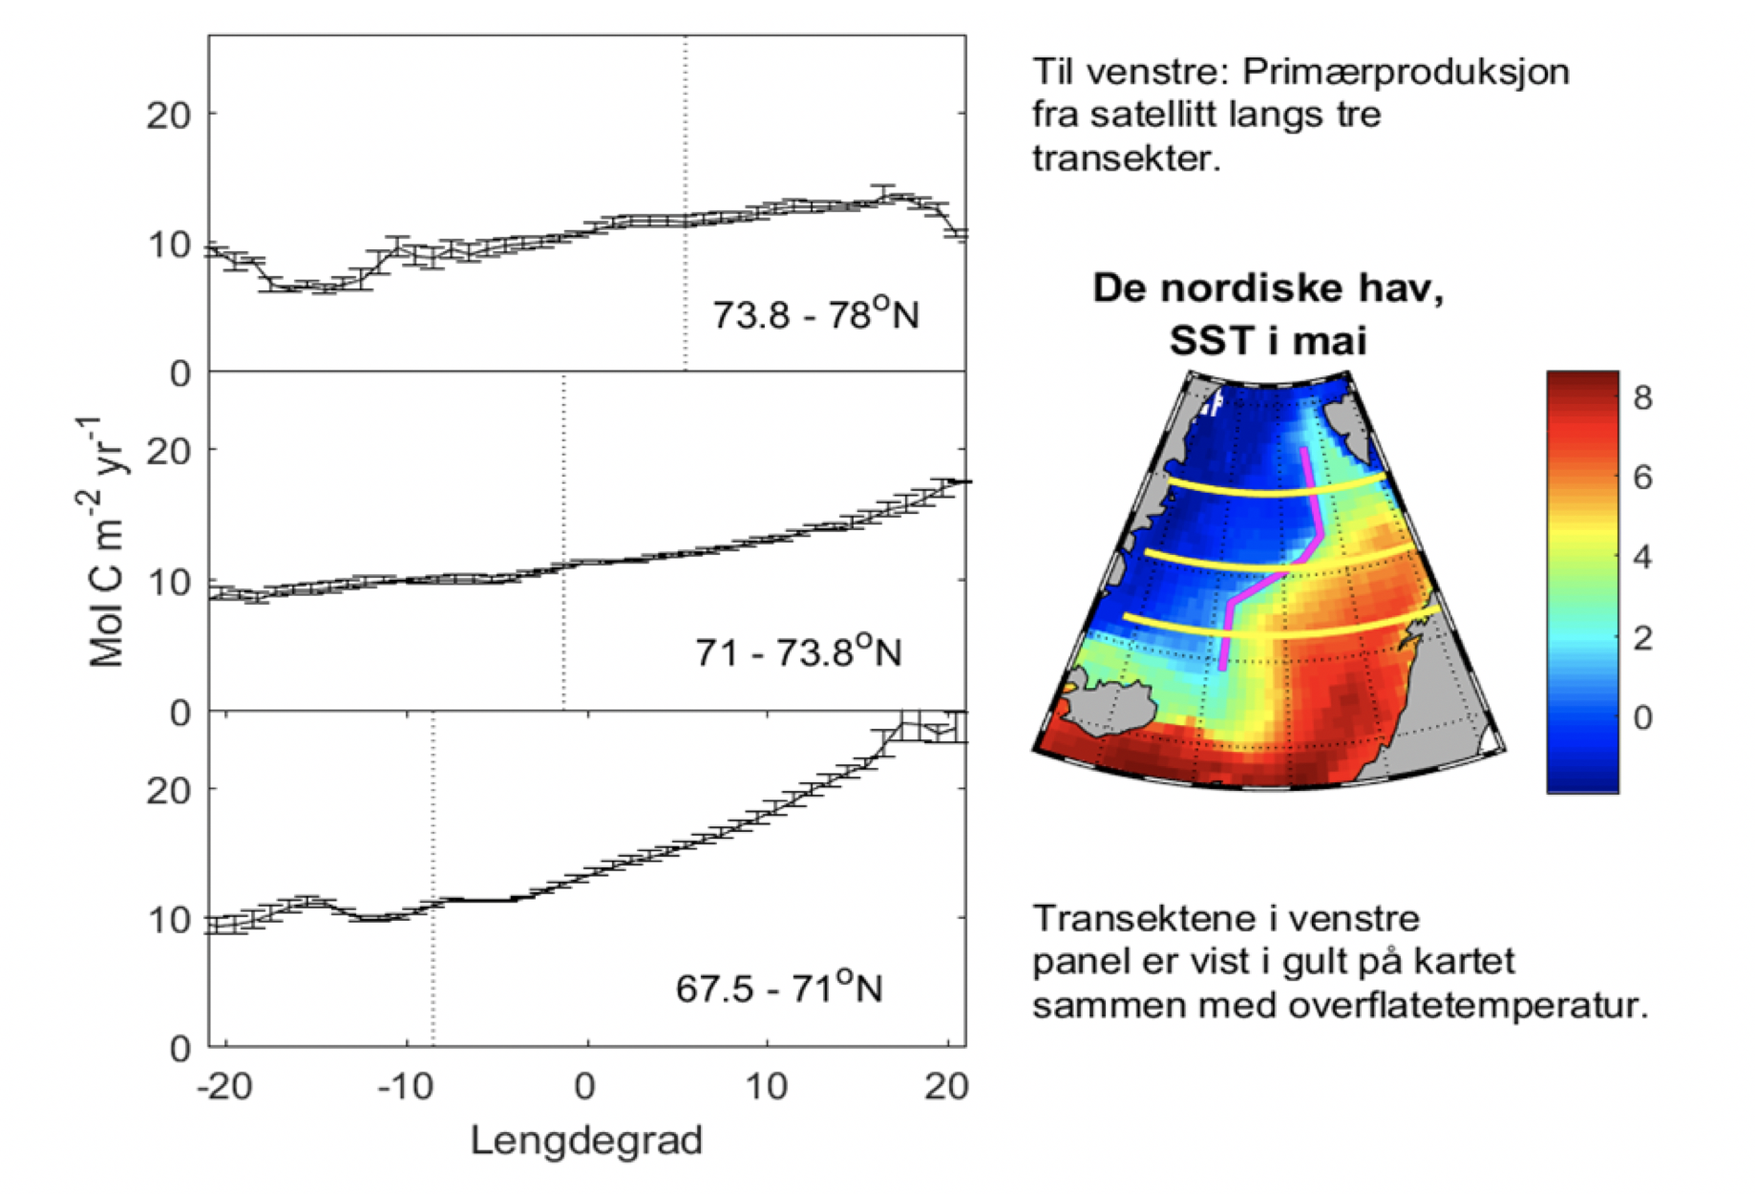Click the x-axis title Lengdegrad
(x=586, y=1141)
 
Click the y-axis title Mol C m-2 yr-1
(x=106, y=542)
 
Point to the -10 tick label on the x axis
(x=406, y=1086)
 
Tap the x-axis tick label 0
(x=585, y=1086)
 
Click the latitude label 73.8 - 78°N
(x=815, y=314)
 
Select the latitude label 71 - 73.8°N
(x=798, y=651)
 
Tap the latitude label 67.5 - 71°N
(x=779, y=988)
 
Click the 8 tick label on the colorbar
(x=1642, y=397)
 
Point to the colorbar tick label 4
(x=1642, y=557)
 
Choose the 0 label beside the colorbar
(x=1642, y=716)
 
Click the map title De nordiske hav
(x=1268, y=288)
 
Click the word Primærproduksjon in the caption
(x=1406, y=72)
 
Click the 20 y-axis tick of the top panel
(x=168, y=116)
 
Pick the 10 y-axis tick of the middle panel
(x=168, y=582)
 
